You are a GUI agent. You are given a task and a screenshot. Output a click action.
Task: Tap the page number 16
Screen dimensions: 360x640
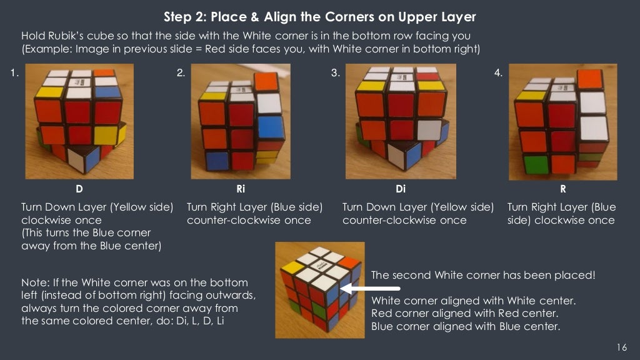(x=621, y=347)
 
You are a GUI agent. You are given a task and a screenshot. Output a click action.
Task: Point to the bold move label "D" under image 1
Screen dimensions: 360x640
(x=79, y=187)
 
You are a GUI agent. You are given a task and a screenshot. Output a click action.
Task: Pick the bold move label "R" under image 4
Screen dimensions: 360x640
(x=563, y=187)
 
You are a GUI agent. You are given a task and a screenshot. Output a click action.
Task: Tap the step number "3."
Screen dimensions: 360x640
(x=336, y=73)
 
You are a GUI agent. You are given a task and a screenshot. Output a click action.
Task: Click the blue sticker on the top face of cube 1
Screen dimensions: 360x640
(x=107, y=91)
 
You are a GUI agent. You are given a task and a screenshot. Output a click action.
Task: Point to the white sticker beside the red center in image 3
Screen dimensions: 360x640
(x=429, y=129)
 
